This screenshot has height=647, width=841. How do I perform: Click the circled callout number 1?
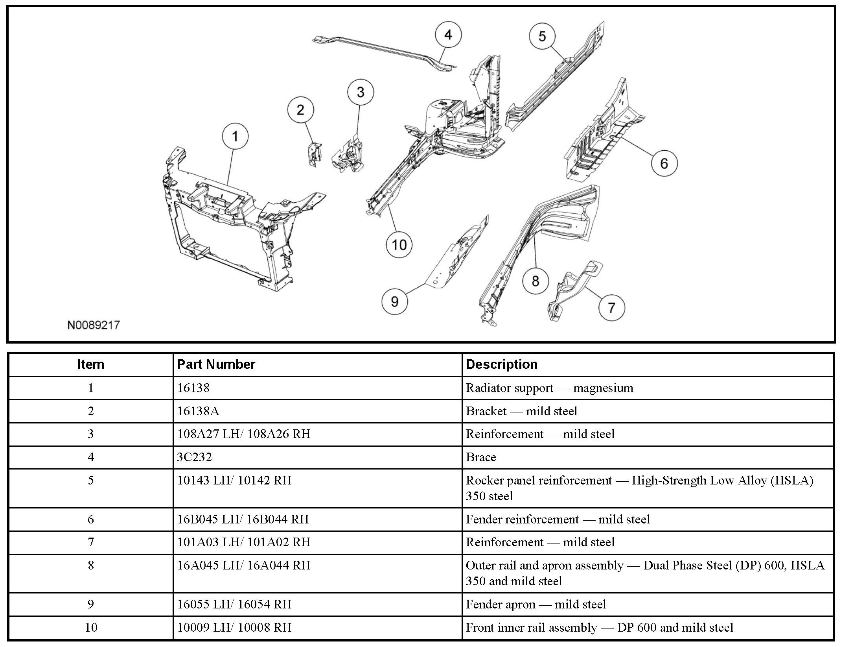pos(235,137)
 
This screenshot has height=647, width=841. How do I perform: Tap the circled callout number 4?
pos(448,35)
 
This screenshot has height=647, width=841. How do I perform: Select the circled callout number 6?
pos(664,163)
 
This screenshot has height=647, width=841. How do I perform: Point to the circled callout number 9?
pos(395,301)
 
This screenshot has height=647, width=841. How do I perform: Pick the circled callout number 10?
pos(399,245)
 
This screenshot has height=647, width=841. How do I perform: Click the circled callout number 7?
pos(611,307)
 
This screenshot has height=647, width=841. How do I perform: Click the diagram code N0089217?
pos(94,325)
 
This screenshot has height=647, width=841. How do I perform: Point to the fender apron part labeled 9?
pos(458,256)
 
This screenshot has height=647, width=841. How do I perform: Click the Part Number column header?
pos(216,364)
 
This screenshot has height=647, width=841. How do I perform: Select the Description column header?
pos(501,364)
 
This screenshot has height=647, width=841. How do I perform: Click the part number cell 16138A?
pos(198,411)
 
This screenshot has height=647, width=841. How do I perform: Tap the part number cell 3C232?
pos(194,457)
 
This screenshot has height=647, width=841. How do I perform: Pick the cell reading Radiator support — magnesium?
pos(549,388)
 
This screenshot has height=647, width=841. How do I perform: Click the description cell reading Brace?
pos(481,457)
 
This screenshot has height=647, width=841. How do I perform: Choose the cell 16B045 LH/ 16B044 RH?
pos(243,519)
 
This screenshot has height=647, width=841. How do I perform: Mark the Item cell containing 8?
pos(91,566)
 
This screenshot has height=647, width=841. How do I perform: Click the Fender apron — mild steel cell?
pos(536,604)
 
